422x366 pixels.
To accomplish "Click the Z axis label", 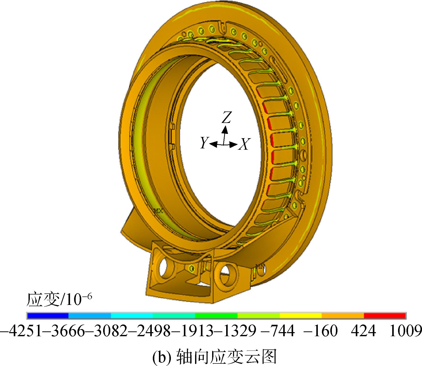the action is click(x=226, y=117).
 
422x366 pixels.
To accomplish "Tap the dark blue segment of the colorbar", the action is click(x=48, y=316).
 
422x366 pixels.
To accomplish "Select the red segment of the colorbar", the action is click(x=385, y=316).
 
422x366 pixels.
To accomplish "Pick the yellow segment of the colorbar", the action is click(x=301, y=316).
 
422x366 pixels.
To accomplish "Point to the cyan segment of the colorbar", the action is click(x=132, y=316).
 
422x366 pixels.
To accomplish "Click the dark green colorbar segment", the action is click(x=216, y=316).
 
